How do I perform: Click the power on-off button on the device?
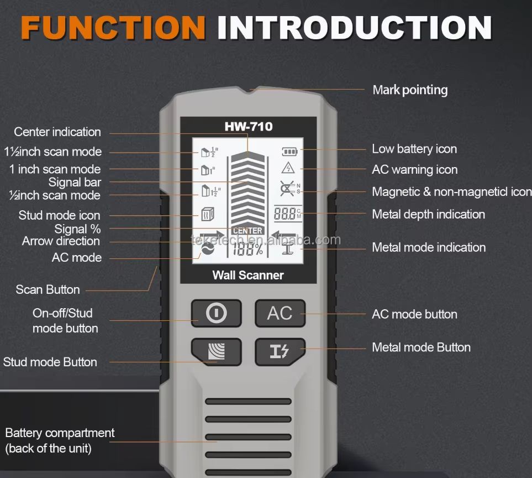[x=217, y=313]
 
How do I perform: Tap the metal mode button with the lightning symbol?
[x=280, y=352]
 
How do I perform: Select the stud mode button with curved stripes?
[x=217, y=352]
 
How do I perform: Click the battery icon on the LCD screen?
[x=289, y=151]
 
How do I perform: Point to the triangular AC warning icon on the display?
[x=288, y=168]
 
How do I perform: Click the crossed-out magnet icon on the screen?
[x=287, y=189]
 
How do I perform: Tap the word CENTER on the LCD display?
[x=247, y=231]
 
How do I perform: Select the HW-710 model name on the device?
[x=249, y=126]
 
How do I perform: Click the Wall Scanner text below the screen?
[x=248, y=275]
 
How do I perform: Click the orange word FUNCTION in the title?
[x=113, y=28]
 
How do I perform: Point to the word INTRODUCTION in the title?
[x=355, y=28]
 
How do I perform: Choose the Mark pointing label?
[x=410, y=90]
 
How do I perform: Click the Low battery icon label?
[x=414, y=149]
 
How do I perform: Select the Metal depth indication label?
[x=429, y=214]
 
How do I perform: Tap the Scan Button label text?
[x=48, y=289]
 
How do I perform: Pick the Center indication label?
[x=57, y=132]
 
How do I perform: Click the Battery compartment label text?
[x=60, y=433]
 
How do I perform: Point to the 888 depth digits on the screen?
[x=285, y=214]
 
